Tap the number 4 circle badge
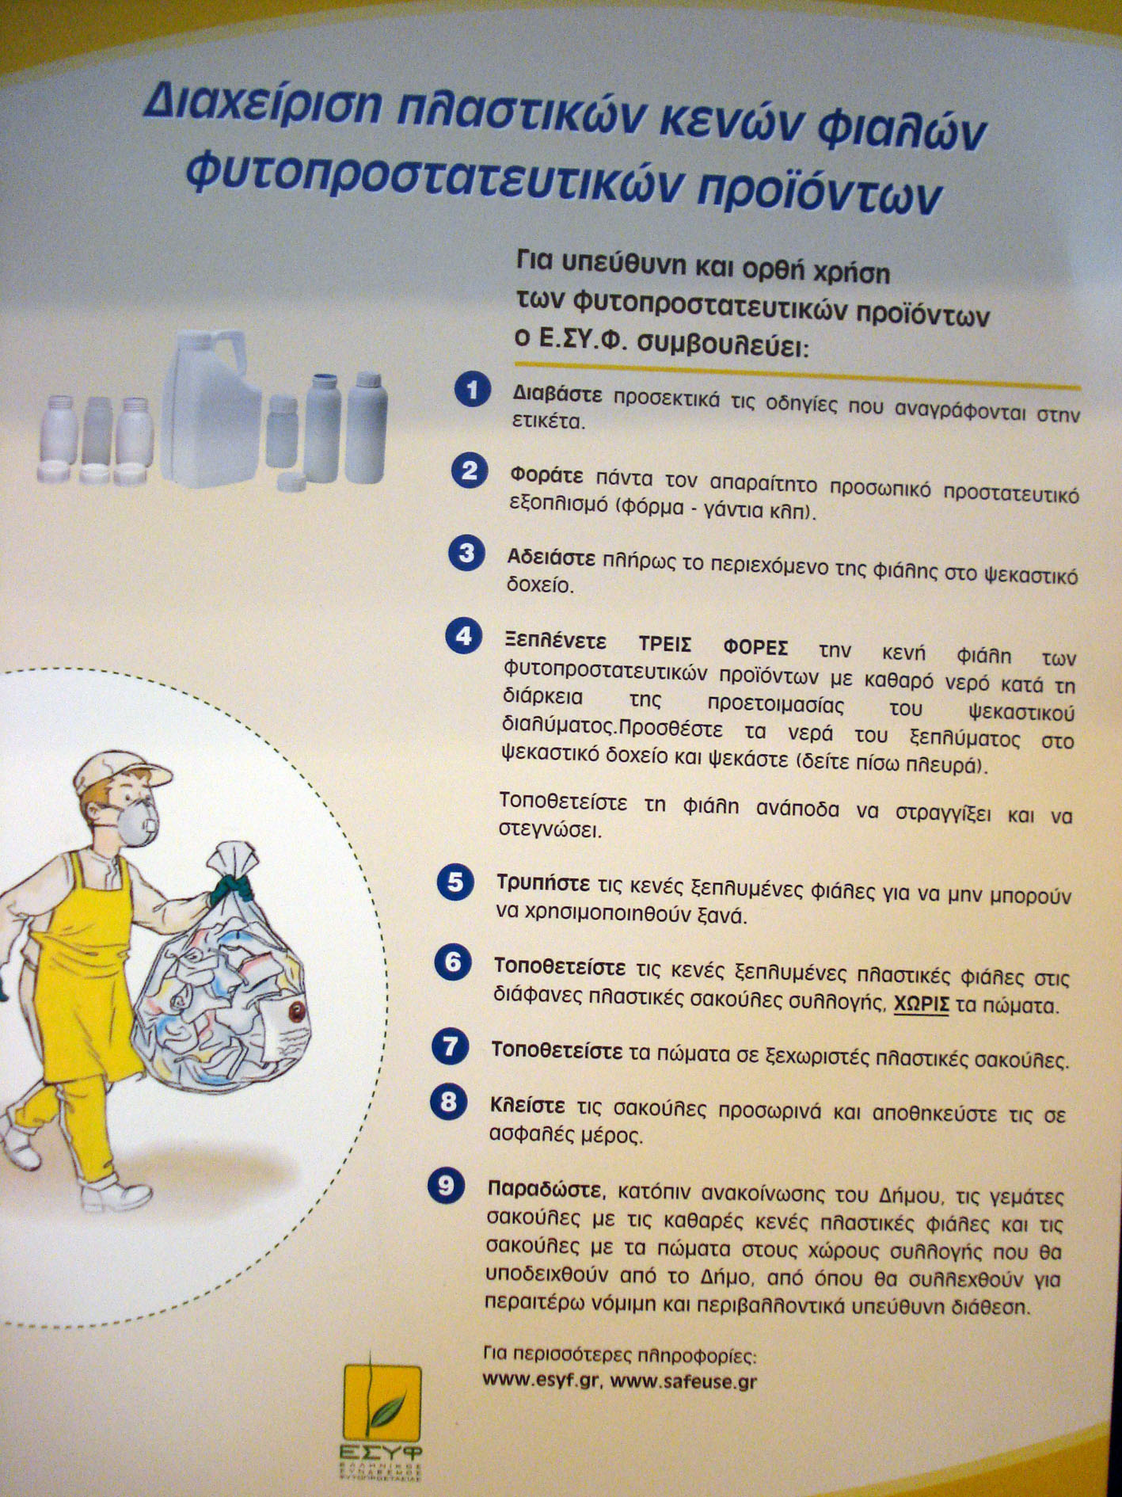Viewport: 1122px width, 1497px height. click(x=464, y=636)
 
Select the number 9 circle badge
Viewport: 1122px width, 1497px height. click(x=447, y=1185)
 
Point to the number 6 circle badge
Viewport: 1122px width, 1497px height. click(x=453, y=962)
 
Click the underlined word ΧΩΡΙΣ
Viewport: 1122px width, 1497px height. click(x=921, y=1005)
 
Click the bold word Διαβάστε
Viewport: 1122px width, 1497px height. click(x=557, y=394)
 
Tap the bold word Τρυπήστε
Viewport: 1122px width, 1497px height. click(x=543, y=883)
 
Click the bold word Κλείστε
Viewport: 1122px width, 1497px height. click(x=528, y=1104)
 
